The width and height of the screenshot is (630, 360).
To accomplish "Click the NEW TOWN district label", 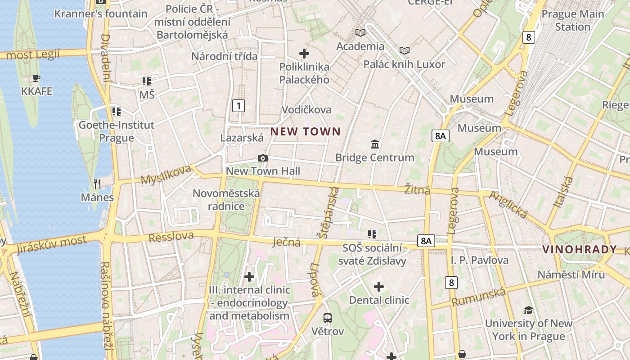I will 305,132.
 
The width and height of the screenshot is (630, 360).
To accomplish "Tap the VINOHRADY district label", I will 580,250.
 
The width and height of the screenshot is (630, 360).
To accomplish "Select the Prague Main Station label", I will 572,20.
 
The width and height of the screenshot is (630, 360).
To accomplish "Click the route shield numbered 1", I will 238,106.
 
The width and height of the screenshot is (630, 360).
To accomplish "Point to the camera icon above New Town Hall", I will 263,158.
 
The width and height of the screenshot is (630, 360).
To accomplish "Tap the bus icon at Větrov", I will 328,318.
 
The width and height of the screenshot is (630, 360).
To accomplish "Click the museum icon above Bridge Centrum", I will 374,144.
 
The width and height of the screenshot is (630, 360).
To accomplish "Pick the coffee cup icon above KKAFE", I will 36,78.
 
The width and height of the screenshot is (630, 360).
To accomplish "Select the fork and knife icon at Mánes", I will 97,184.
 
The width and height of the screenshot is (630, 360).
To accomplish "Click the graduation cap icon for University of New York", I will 528,310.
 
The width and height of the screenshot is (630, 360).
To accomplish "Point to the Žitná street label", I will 417,190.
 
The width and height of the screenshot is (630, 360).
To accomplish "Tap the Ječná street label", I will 287,242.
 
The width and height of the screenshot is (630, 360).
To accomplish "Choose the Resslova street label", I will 171,236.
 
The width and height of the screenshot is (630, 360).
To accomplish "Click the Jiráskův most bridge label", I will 51,245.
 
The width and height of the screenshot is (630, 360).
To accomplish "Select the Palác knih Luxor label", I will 404,64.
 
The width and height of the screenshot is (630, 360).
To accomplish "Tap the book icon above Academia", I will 360,32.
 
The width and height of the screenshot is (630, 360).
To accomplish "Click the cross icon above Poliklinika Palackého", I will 304,54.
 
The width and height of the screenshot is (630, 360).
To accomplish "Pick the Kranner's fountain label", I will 101,13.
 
